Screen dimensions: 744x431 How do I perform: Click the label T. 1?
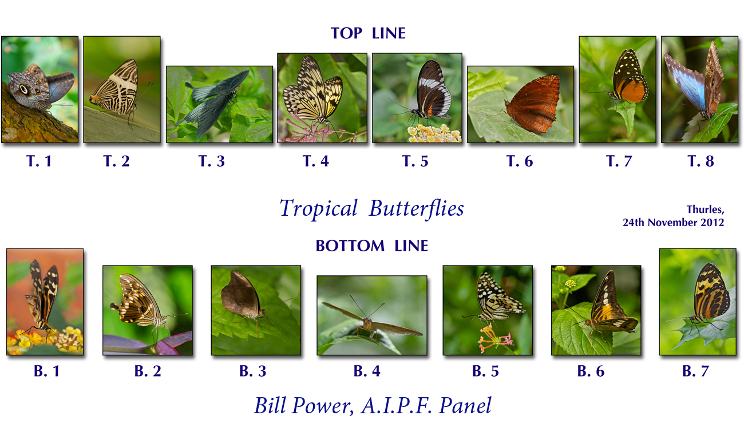tap(39, 161)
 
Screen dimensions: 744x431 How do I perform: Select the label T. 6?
tap(520, 161)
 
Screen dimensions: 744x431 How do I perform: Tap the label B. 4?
tap(367, 371)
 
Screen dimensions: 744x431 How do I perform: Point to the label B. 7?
tap(695, 371)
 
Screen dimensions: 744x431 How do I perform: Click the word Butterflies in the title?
tap(417, 208)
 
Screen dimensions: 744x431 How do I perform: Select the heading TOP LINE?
tap(368, 33)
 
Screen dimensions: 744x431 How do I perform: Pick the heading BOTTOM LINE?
tap(371, 246)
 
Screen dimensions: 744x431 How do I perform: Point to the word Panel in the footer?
tap(465, 405)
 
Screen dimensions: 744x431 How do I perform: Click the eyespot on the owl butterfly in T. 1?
tap(24, 89)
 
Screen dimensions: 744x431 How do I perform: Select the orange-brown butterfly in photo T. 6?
tap(532, 104)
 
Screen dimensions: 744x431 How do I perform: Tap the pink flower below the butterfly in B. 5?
tap(495, 338)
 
